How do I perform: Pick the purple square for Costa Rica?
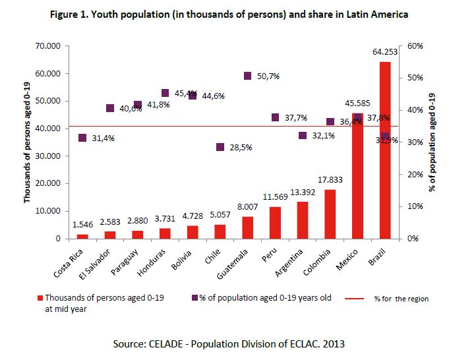click(82, 138)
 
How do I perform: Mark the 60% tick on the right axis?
click(415, 45)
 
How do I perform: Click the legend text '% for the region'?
click(396, 299)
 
